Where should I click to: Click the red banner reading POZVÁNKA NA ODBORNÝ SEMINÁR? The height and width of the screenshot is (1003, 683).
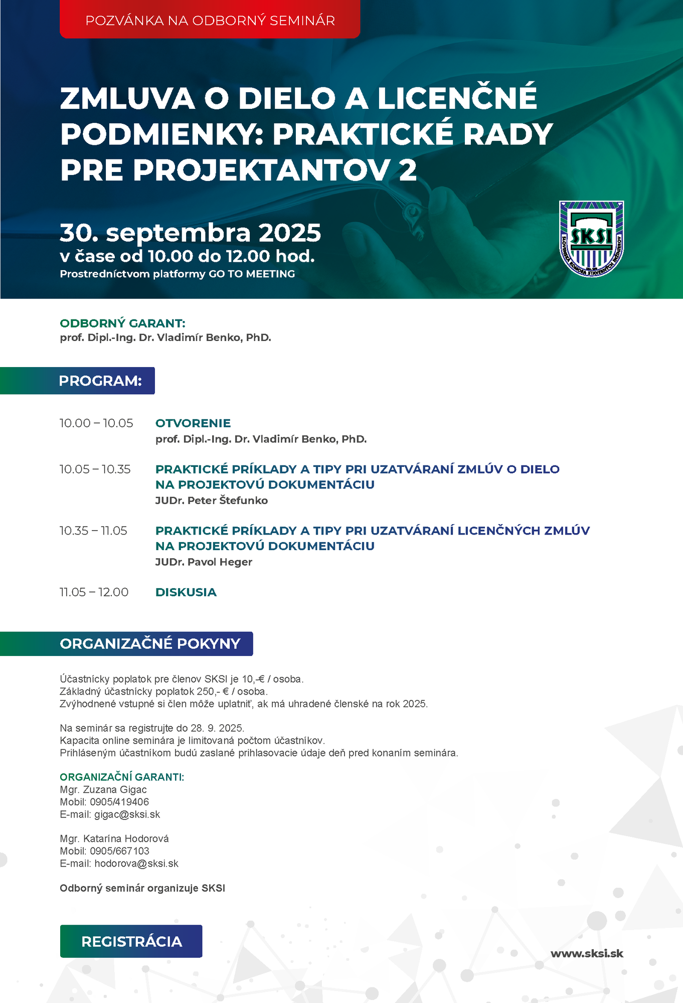[x=210, y=20]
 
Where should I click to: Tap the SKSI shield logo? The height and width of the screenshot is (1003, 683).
[x=591, y=239]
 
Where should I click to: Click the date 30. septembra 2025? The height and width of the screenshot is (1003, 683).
[x=190, y=233]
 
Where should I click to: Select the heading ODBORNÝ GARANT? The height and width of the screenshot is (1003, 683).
[x=122, y=323]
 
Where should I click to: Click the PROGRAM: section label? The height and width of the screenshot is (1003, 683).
[x=100, y=381]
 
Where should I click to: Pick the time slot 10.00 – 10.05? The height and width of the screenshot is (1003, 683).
[x=96, y=423]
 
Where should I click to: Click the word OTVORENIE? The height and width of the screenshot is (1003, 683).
[x=193, y=423]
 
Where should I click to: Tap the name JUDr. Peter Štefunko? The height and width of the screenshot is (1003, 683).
[x=211, y=500]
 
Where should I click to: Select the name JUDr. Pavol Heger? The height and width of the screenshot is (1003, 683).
[x=204, y=562]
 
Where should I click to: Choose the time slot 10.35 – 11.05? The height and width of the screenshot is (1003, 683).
[x=93, y=531]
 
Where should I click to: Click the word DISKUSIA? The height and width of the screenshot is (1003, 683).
[x=186, y=592]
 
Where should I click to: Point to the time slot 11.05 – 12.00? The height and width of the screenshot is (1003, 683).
[x=94, y=592]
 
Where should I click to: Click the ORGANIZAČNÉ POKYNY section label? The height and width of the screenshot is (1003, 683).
[x=150, y=643]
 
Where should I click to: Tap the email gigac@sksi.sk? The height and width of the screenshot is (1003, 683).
[x=127, y=814]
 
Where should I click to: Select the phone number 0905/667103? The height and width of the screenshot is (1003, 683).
[x=119, y=851]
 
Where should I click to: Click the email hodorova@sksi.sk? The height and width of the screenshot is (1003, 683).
[x=136, y=864]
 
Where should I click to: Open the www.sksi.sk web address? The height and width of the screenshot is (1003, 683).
[x=587, y=954]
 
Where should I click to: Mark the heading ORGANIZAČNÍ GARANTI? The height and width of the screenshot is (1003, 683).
[x=122, y=777]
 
